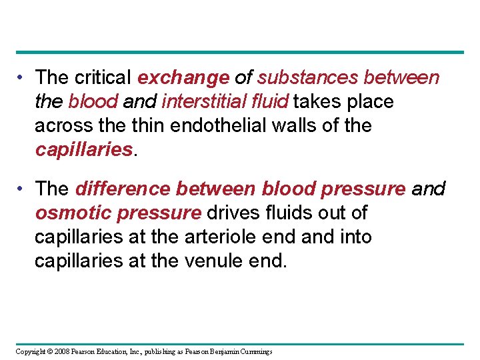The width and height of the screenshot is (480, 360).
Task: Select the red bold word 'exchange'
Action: (183, 78)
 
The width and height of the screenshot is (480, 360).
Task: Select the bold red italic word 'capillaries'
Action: (84, 149)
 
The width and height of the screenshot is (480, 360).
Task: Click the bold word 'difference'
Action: (123, 189)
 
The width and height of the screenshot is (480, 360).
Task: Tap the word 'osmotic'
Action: (73, 213)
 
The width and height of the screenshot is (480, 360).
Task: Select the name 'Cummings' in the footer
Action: (257, 351)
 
